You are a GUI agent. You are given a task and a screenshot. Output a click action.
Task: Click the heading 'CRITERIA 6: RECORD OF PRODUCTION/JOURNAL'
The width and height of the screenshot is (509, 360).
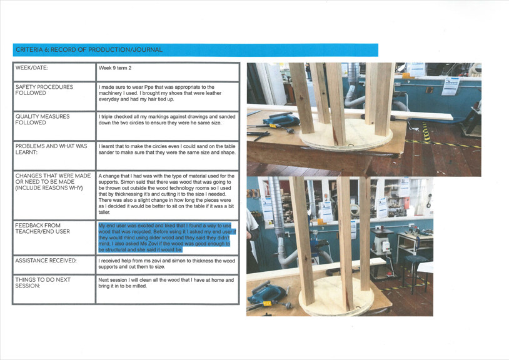(88, 50)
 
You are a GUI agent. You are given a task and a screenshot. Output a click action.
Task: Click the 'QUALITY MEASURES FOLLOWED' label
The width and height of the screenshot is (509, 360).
(43, 119)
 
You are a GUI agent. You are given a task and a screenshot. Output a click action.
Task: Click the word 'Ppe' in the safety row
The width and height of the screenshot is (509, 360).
(158, 87)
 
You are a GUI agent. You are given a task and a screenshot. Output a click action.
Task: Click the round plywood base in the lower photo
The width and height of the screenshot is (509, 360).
(331, 303)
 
